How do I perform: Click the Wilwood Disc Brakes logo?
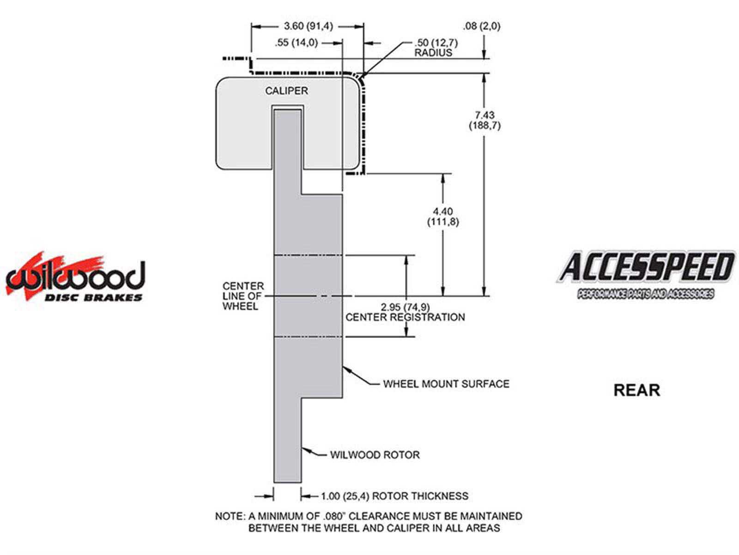coord(75,277)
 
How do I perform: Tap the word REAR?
coord(636,390)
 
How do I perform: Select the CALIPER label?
coord(286,91)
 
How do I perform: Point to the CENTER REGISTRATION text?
coord(405,317)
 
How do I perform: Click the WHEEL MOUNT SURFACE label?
coord(446,384)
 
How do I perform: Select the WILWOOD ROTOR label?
coord(375,455)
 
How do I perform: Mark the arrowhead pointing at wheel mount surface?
coord(346,370)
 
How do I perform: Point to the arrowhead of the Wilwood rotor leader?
coord(305,449)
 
